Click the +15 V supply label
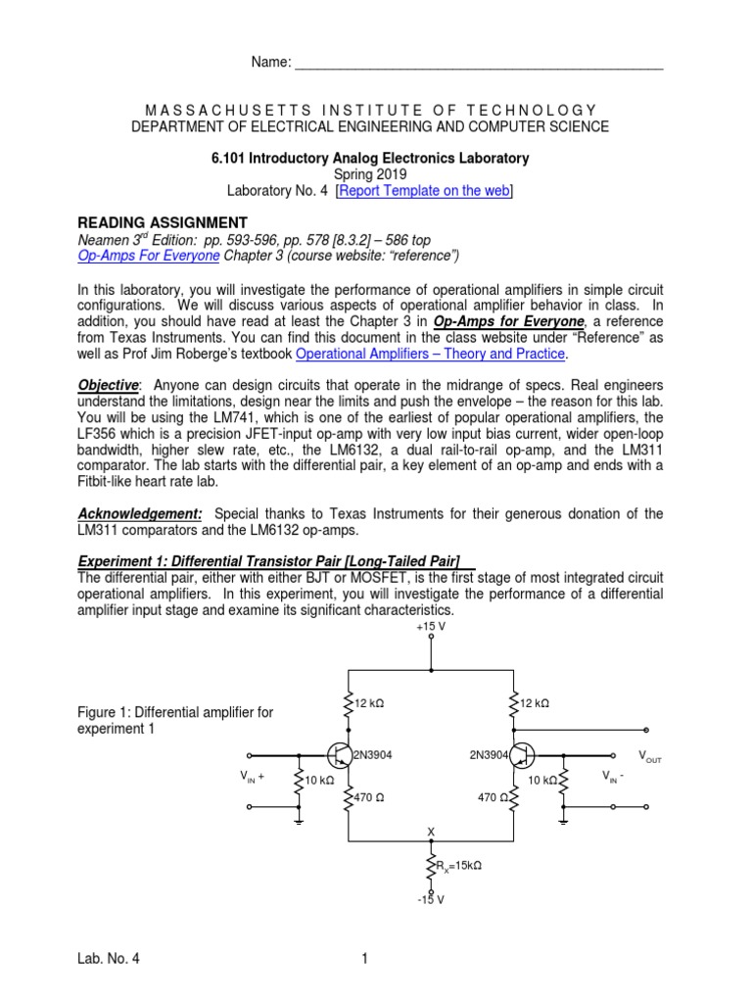(431, 625)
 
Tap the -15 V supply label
(431, 899)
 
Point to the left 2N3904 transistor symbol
(340, 754)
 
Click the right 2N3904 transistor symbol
(521, 754)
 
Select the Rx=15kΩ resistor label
(458, 866)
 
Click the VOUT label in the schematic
(649, 756)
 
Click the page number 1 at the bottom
(364, 960)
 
